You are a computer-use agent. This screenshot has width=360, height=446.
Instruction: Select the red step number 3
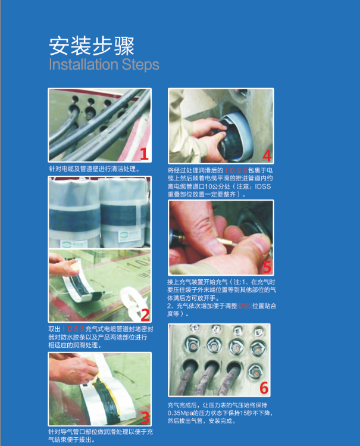click(143, 417)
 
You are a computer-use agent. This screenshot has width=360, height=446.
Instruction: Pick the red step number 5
click(267, 266)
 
